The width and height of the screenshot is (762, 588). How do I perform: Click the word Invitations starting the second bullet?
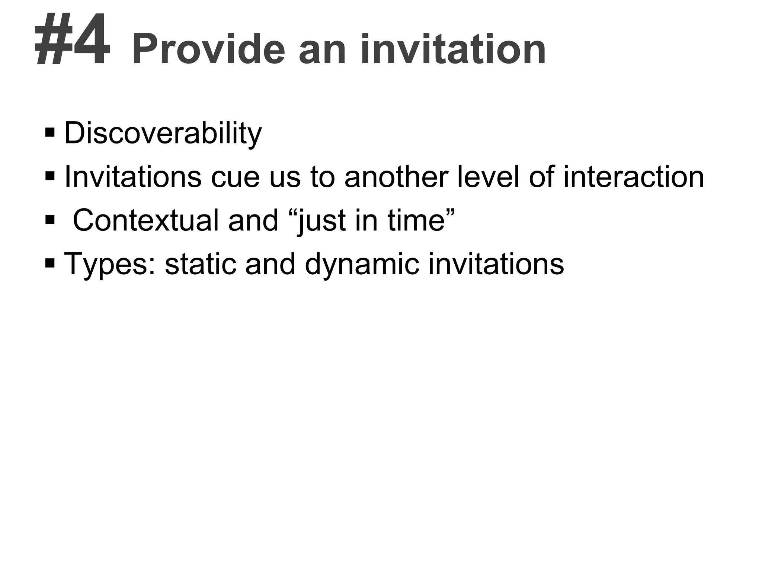coord(133,177)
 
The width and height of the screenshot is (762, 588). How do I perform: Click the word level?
coord(489,177)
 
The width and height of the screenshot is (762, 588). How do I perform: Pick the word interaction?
coord(634,177)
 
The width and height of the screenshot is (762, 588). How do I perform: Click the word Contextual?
coord(145,220)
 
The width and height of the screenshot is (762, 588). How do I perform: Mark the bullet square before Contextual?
coord(49,220)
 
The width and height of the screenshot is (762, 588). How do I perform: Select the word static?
coord(200,264)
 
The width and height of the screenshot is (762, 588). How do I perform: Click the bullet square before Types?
coord(49,263)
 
